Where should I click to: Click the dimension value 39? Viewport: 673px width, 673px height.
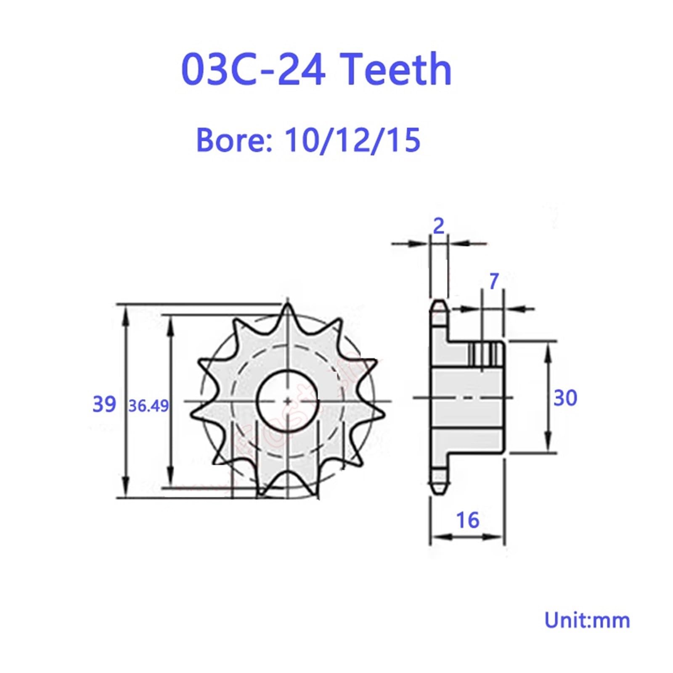coord(104,404)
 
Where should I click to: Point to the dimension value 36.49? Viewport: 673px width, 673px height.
coord(148,406)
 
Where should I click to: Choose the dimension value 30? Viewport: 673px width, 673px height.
coord(565,398)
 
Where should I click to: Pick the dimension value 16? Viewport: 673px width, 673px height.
coord(467,520)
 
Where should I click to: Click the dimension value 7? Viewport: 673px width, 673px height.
coord(494,281)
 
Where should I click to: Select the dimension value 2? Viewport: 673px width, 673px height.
coord(438,227)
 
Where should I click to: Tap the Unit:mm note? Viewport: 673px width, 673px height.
coord(587,620)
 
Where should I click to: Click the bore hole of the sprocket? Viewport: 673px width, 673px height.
coord(288,400)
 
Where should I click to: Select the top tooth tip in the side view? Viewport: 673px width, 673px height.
coord(439,303)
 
